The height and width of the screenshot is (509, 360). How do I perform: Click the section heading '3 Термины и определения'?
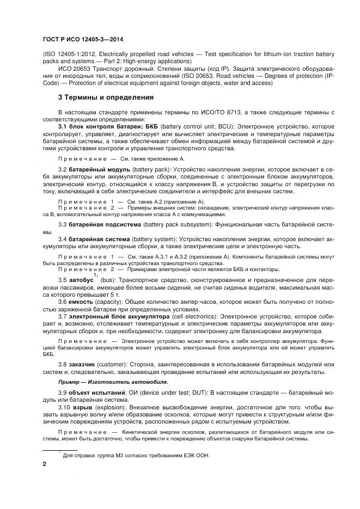click(x=106, y=97)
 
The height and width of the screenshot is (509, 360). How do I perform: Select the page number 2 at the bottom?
click(x=45, y=466)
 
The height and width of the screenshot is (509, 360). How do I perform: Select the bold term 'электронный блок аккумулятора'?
click(x=116, y=316)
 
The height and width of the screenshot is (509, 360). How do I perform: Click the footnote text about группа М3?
click(x=136, y=456)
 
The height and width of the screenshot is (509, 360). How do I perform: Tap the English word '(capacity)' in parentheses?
click(x=111, y=301)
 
